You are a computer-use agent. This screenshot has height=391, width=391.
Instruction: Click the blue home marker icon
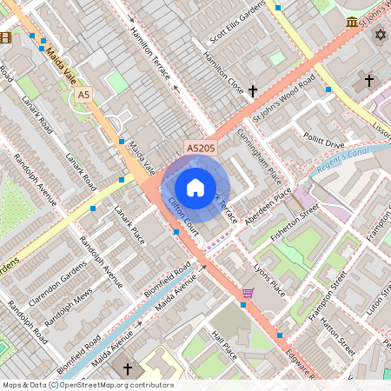[195, 188]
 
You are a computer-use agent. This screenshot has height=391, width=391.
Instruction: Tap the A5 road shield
[83, 94]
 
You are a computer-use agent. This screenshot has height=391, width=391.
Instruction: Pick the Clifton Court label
[185, 217]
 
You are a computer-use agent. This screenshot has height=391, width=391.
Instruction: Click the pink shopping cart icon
[249, 293]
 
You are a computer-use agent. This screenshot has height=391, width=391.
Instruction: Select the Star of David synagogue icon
[379, 35]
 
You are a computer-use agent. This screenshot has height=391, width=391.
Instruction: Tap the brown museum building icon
[351, 22]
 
